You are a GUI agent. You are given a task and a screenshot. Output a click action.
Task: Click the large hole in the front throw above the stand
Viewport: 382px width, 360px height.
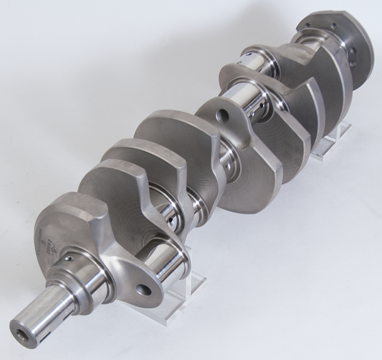143,290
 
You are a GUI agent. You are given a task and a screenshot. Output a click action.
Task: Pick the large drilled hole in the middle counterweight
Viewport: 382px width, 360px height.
220,115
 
